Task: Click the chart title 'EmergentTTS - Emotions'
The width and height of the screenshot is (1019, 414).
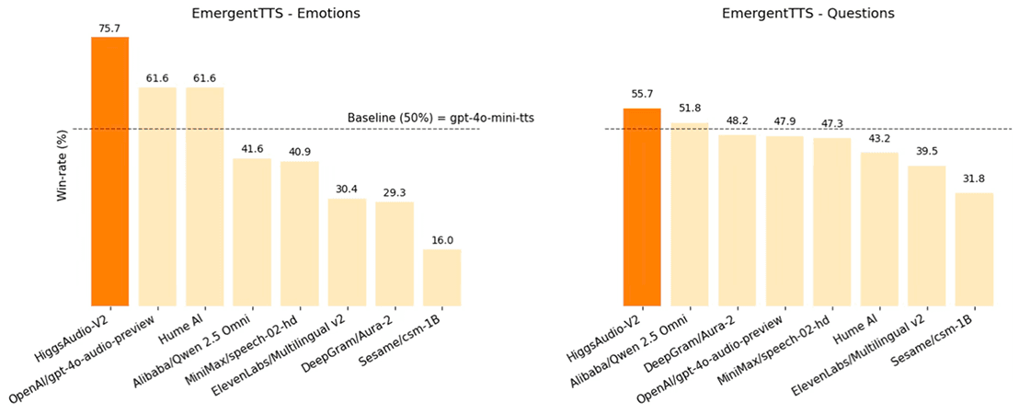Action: click(x=276, y=14)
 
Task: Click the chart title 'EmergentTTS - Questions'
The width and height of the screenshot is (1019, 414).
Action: click(x=807, y=14)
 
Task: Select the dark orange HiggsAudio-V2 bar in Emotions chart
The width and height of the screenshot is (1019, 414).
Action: click(x=110, y=171)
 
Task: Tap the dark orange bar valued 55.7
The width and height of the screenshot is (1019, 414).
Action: click(x=642, y=207)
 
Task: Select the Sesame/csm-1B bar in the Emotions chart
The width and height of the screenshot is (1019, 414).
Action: click(x=442, y=277)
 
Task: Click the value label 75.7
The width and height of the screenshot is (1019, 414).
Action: click(x=110, y=29)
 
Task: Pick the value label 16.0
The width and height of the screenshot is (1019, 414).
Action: click(x=442, y=240)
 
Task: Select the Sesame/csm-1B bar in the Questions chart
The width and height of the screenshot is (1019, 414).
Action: click(x=974, y=248)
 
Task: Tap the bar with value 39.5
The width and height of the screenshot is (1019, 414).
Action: click(x=926, y=236)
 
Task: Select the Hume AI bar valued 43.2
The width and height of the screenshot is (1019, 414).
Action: click(x=879, y=228)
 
